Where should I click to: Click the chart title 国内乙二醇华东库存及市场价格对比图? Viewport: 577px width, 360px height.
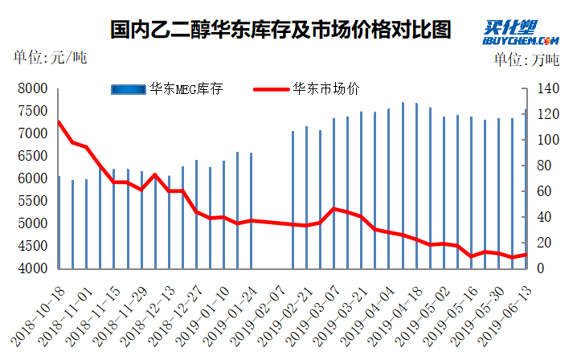click(280, 30)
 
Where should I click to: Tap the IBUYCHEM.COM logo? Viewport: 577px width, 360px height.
click(520, 33)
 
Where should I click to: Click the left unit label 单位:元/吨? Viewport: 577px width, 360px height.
click(49, 58)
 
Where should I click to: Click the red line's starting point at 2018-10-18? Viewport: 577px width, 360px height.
click(59, 122)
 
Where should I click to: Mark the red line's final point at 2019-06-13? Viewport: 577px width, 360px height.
click(526, 255)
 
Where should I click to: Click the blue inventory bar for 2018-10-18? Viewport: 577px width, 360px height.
click(59, 222)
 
